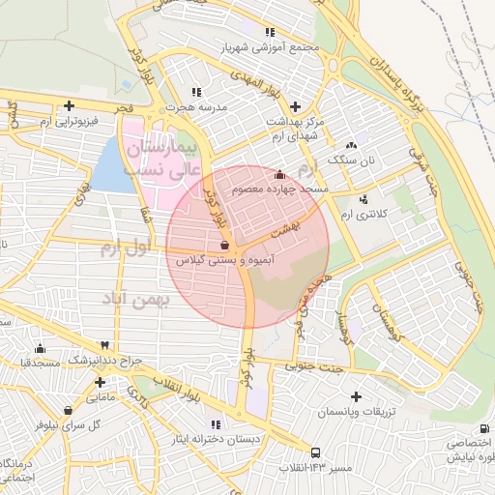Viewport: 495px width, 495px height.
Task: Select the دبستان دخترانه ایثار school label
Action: coord(215,439)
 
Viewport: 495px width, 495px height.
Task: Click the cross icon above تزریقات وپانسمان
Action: coord(357,396)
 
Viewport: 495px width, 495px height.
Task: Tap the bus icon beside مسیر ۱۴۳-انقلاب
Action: coord(315,451)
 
